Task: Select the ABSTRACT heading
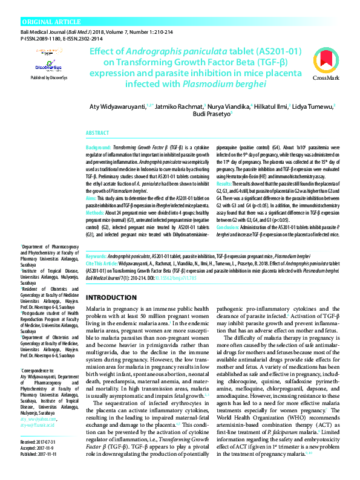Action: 97,132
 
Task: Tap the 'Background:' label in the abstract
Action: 98,148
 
